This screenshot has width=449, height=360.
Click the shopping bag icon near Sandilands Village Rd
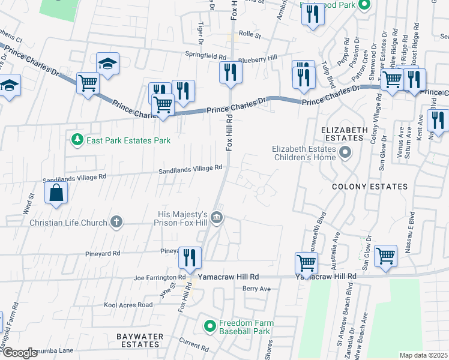point(56,193)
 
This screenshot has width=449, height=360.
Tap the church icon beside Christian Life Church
point(116,222)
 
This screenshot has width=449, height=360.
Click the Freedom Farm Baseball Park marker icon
point(209,326)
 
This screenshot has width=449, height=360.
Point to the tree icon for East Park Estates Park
point(77,140)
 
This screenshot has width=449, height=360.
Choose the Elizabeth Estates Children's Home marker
point(345,154)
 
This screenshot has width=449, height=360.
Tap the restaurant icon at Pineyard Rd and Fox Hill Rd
point(190,258)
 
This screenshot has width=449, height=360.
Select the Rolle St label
point(250,35)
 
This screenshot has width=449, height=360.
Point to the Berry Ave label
point(256,289)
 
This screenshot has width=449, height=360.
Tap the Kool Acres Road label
point(128,305)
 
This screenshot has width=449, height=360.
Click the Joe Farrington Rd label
point(159,278)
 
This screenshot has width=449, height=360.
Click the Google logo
point(20,353)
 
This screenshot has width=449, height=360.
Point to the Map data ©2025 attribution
point(423,355)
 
